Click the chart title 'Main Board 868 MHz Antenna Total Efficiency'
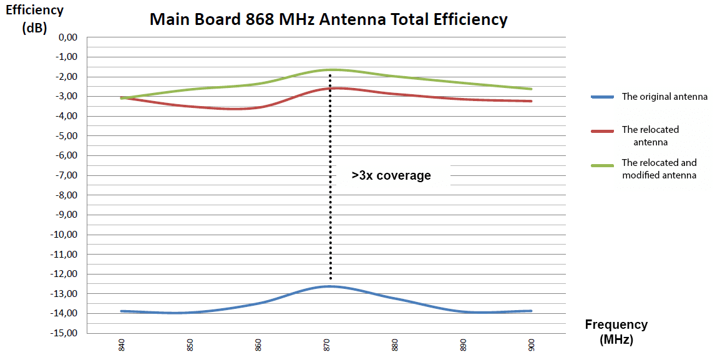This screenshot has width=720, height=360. (328, 19)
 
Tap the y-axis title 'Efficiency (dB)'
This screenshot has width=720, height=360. (34, 19)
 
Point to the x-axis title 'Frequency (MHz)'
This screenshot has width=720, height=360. (616, 332)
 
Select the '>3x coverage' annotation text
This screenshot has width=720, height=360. (391, 175)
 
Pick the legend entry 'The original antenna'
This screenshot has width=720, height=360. (664, 97)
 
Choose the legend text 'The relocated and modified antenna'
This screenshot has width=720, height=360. (659, 168)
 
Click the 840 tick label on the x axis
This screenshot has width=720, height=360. (122, 344)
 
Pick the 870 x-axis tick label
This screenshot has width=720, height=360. (327, 344)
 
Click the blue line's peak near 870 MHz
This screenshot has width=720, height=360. (328, 286)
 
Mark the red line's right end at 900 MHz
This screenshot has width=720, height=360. (531, 101)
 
